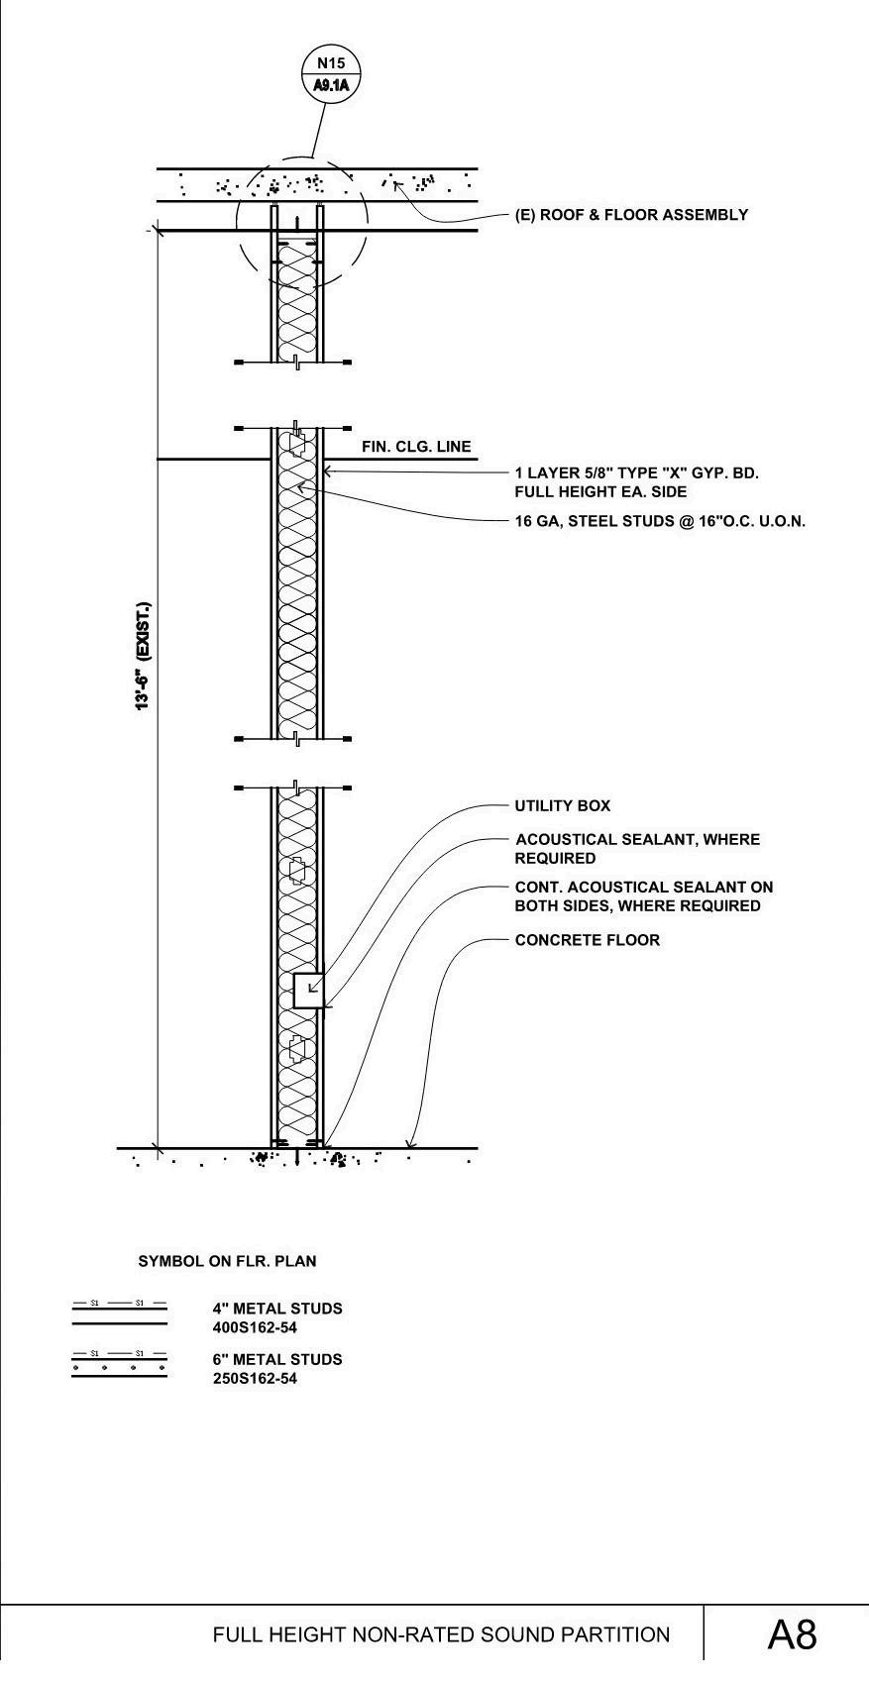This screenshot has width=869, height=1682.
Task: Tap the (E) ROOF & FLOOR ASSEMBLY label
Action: pos(631,215)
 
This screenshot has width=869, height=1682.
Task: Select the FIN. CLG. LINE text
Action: pos(416,447)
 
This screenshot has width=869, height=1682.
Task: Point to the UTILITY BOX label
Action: pos(563,806)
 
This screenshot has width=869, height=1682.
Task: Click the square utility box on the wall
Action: pos(308,991)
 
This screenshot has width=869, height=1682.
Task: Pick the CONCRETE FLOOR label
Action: pos(588,940)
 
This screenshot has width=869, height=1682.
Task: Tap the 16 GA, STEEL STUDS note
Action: pos(660,521)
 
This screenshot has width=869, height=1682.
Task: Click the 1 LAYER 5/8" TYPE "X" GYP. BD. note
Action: pos(636,473)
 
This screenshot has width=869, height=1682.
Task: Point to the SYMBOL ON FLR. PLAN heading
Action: pos(227,1262)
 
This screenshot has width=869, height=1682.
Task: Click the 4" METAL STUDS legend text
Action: pos(277,1309)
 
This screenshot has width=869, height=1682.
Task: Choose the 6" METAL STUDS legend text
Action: pos(277,1360)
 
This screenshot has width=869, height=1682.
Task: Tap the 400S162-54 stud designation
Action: pos(255,1327)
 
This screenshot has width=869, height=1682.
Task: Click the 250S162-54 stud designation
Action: pos(255,1379)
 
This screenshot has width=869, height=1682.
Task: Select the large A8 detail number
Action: pos(792,1634)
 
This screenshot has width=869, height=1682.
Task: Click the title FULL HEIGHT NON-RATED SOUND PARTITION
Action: pos(441,1635)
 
